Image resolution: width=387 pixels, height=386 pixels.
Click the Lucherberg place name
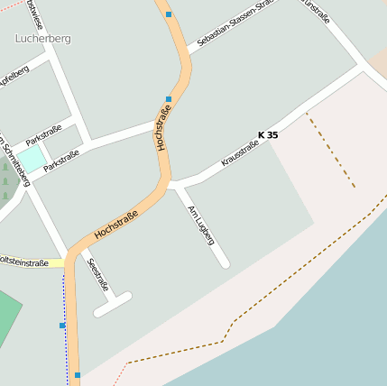pos(42,39)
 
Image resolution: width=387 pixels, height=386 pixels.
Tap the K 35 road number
pos(268,135)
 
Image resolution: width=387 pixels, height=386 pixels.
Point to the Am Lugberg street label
pos(200,225)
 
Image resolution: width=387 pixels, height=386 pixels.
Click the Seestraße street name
pos(97,274)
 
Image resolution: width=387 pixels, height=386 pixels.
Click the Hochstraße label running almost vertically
pos(163,129)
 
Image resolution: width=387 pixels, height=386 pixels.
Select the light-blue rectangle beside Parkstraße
pos(32,160)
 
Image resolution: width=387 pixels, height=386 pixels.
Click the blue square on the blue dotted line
pos(62,325)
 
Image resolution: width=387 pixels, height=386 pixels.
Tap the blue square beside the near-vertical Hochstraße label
pos(169,99)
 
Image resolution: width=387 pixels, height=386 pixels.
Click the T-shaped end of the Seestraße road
pos(113,304)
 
